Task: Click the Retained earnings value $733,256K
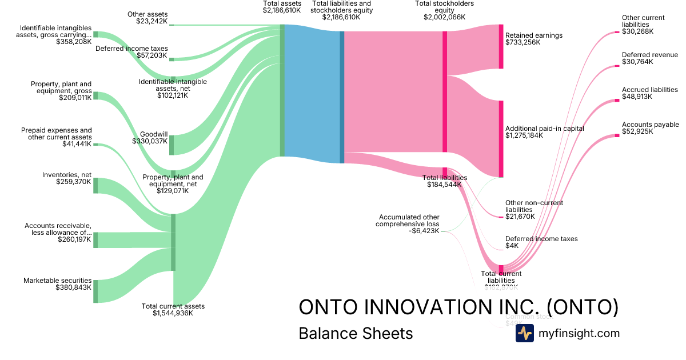(523, 42)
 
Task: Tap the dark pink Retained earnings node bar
(501, 47)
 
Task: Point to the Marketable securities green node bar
(95, 291)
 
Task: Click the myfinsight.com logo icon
(524, 333)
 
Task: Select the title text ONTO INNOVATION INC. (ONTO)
(458, 307)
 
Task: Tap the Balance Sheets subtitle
(356, 333)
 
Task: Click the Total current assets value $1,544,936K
(173, 313)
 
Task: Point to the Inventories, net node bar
(95, 185)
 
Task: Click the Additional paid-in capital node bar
(501, 139)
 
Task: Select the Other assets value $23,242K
(152, 21)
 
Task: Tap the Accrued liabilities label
(650, 90)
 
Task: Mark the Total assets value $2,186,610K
(282, 10)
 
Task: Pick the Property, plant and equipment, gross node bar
(95, 95)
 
